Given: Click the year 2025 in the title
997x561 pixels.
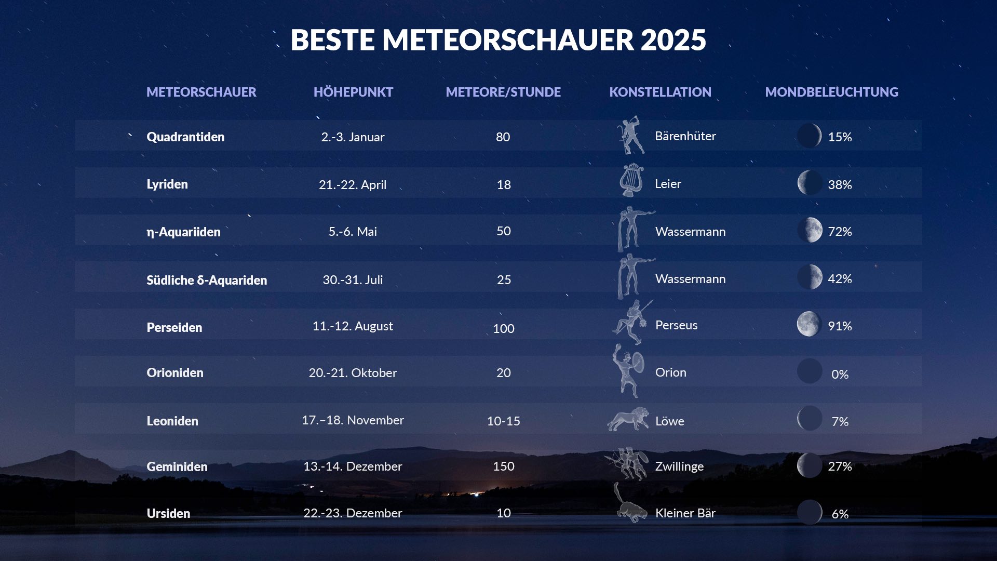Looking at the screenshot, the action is [673, 40].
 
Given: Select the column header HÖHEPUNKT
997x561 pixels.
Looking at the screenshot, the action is [353, 92].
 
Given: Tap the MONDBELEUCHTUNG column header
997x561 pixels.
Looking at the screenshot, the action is [831, 92].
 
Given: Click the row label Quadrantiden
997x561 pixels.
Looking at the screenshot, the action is [185, 137].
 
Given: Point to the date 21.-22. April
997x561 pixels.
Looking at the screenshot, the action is [353, 185].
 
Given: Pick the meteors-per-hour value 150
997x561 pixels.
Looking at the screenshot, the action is [504, 466].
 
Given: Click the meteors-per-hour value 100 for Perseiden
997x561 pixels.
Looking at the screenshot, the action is [504, 328].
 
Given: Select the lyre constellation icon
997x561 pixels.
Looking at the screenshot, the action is [631, 180].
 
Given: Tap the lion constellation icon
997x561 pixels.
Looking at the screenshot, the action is [628, 419].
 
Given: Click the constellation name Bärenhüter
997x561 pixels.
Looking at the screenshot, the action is [685, 136].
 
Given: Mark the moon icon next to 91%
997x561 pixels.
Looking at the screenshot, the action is [809, 324].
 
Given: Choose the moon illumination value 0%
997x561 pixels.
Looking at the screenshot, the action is [840, 374].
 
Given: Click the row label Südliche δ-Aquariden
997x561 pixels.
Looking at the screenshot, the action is [207, 280].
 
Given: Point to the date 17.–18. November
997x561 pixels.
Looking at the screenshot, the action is [353, 420].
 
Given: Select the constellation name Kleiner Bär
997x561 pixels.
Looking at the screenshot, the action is [685, 513].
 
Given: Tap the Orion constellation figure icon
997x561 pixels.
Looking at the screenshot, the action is [628, 371].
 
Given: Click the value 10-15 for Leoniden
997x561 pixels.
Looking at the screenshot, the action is [504, 421].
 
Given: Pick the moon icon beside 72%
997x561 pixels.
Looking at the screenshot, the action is [810, 230].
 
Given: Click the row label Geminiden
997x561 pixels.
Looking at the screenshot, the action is [177, 466].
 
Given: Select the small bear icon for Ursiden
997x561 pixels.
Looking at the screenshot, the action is [630, 503].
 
